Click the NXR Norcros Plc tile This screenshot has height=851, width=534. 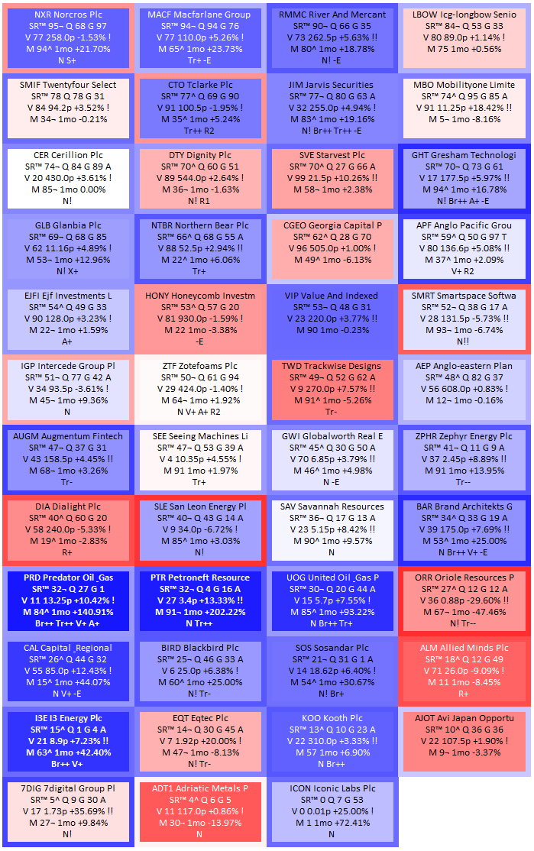[68, 37]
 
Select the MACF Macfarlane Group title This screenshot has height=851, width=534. [199, 15]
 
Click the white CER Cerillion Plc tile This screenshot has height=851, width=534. [68, 178]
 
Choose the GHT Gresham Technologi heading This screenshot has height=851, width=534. [464, 155]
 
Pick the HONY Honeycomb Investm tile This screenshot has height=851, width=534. [199, 319]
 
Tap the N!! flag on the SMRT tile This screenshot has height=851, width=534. [463, 341]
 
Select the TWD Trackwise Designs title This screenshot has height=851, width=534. [331, 366]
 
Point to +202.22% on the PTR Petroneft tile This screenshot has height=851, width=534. [223, 612]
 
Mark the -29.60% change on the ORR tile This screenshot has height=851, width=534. [484, 600]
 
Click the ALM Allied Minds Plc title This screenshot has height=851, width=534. [464, 648]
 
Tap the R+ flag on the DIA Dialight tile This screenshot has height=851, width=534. [67, 552]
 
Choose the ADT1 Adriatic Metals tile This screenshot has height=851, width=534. [199, 811]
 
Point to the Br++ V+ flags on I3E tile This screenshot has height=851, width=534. [67, 764]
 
